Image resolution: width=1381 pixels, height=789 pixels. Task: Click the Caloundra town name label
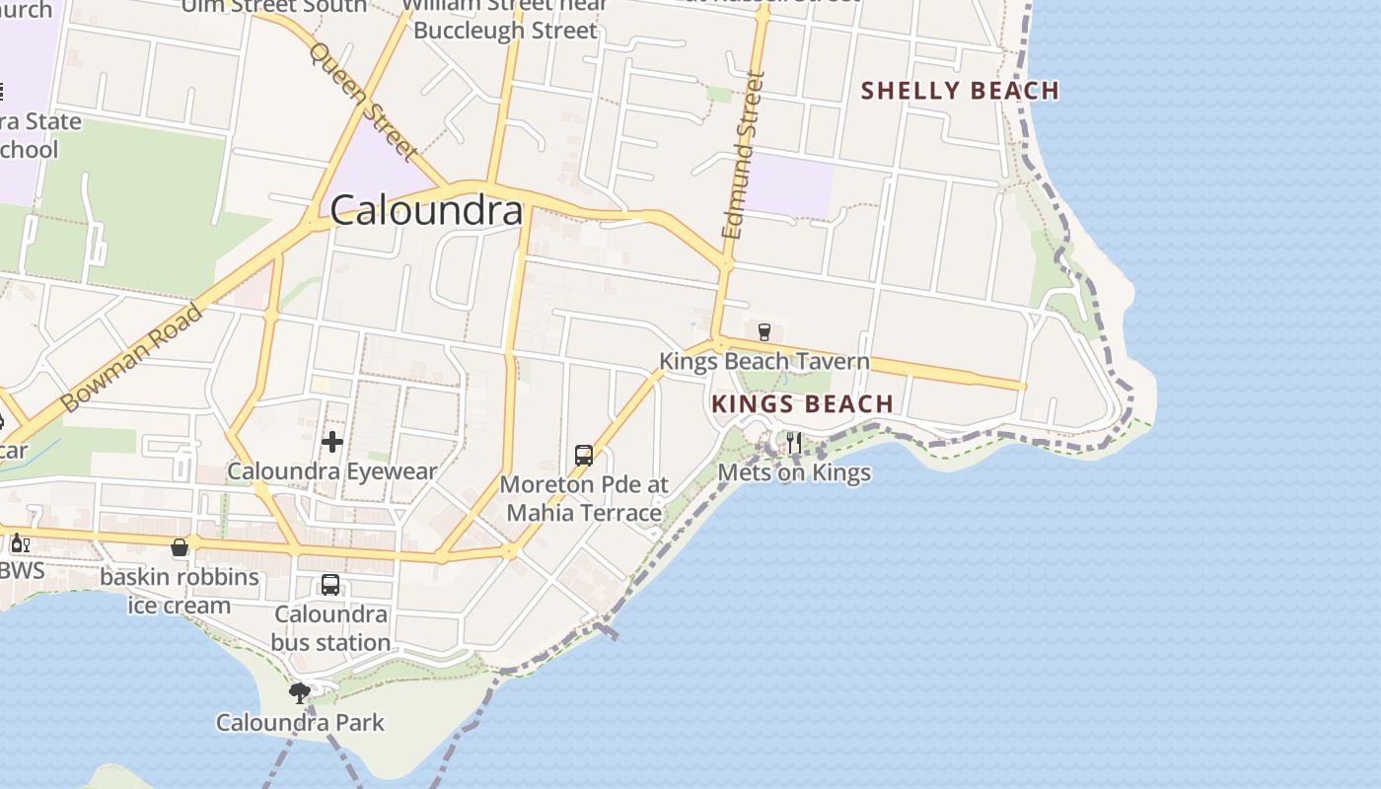(x=426, y=210)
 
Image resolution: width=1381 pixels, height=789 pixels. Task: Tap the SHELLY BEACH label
(x=960, y=91)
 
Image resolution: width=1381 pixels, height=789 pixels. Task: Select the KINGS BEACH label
(x=802, y=403)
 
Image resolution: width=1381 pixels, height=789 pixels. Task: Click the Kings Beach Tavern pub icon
(x=763, y=331)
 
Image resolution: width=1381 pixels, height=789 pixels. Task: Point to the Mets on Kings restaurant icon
(x=794, y=442)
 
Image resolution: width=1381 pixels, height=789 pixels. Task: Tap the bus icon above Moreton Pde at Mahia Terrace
(x=584, y=456)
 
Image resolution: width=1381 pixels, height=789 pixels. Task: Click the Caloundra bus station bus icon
(x=330, y=585)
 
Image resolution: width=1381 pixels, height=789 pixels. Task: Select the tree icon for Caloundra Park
(x=300, y=693)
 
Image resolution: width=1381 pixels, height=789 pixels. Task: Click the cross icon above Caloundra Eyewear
(x=332, y=441)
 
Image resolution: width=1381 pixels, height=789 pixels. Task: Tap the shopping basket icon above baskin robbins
(x=180, y=547)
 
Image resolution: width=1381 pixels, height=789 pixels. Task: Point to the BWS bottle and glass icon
(x=20, y=542)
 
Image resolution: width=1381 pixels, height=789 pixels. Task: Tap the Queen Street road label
(x=364, y=100)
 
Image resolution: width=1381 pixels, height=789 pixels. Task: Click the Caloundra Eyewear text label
(x=331, y=471)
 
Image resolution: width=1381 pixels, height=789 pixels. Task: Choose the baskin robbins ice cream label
(x=180, y=591)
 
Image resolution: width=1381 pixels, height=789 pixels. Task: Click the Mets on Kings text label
(x=794, y=472)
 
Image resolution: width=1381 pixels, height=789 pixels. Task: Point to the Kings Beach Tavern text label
(x=764, y=361)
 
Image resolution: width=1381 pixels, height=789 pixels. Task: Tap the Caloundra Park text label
(x=301, y=723)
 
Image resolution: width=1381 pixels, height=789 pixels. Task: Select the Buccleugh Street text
(x=505, y=30)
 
